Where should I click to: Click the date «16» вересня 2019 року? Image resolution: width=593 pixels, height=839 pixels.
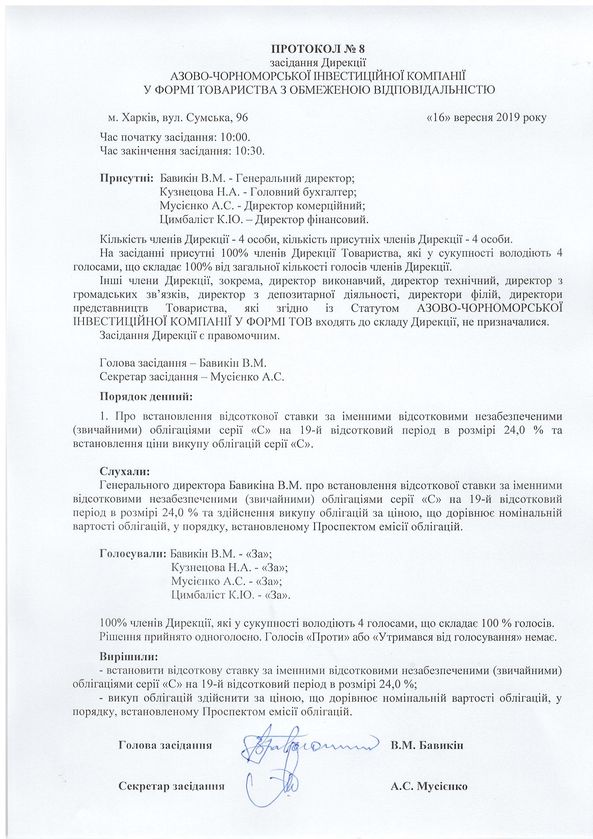[486, 118]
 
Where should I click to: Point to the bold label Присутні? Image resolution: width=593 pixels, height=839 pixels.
[126, 178]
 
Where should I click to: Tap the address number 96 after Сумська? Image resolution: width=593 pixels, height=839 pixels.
[242, 118]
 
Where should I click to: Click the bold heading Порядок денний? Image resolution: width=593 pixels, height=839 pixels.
[146, 397]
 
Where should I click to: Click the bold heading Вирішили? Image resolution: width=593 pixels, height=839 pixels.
[129, 656]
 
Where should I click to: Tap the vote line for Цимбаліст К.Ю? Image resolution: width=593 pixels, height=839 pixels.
[231, 595]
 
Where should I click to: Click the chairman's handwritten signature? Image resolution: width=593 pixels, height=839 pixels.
[302, 744]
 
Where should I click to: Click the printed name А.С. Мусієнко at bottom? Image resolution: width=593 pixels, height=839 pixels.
[429, 786]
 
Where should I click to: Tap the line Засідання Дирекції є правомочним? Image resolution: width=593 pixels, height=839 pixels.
[189, 336]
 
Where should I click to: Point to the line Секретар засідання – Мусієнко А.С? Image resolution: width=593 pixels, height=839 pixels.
[192, 377]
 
